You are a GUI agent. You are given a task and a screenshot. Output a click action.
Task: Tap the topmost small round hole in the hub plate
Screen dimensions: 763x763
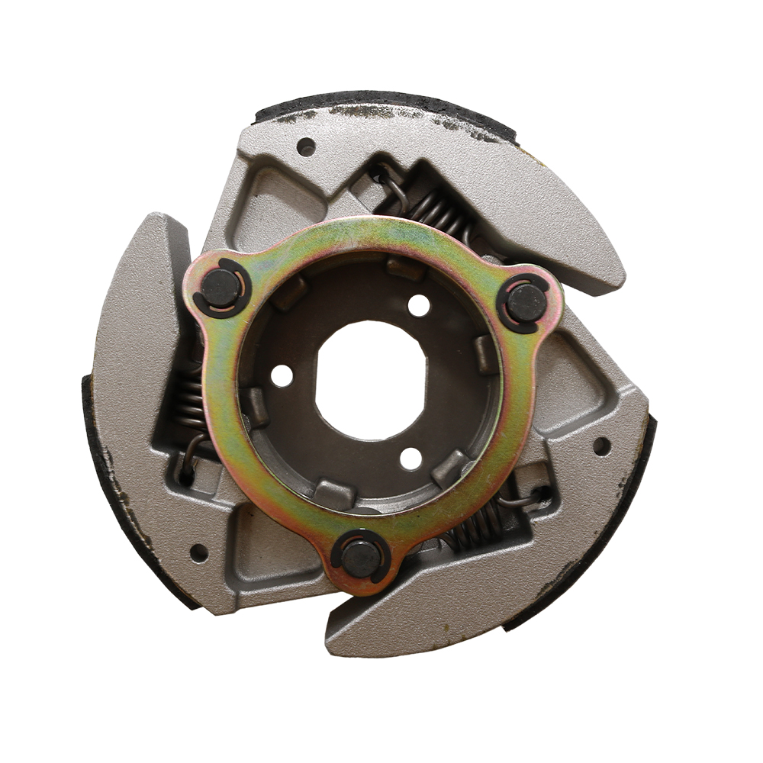pyautogui.click(x=418, y=305)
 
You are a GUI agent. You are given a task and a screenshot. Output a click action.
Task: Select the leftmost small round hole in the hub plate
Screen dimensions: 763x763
pyautogui.click(x=282, y=375)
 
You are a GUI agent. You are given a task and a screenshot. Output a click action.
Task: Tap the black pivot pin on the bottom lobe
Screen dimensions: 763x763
pyautogui.click(x=362, y=558)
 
